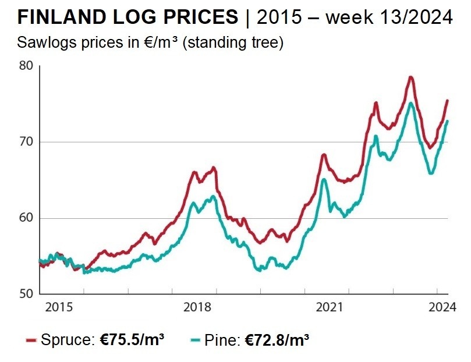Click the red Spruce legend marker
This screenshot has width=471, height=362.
point(31,340)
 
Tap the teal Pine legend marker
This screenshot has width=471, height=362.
point(196,340)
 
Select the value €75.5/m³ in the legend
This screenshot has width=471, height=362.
point(129,339)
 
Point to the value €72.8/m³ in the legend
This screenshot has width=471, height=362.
point(277,339)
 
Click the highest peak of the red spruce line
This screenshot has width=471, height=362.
point(410,77)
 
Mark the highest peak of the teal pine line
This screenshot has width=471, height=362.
point(411,103)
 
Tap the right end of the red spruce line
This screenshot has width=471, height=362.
point(447,100)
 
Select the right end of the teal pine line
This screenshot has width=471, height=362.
point(447,120)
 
